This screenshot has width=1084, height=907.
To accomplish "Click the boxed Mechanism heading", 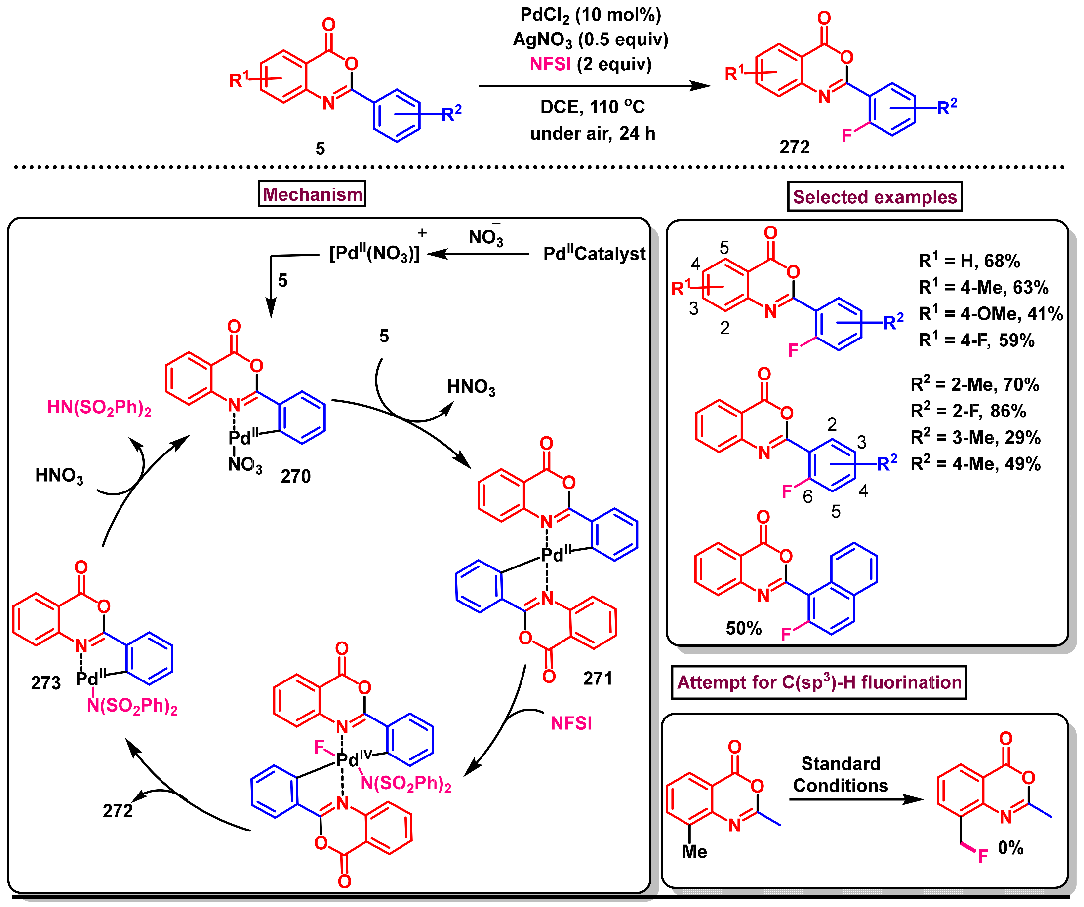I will [x=312, y=194].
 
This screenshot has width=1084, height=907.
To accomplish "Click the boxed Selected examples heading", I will [x=875, y=197].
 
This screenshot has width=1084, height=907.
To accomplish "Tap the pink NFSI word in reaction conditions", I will [x=550, y=65].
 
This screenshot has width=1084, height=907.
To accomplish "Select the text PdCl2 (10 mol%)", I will [x=591, y=15].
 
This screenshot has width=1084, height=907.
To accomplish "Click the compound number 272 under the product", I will [x=795, y=148].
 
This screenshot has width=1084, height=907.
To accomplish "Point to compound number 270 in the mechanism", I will [x=295, y=476].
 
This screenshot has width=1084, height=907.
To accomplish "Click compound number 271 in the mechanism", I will [x=598, y=679].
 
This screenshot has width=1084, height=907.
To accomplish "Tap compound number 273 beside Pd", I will [x=46, y=683].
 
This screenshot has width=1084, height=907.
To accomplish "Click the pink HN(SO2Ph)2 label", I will [x=99, y=408].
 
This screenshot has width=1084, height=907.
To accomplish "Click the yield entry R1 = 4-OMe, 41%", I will [x=991, y=314].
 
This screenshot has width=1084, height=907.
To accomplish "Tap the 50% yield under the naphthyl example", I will [x=743, y=628].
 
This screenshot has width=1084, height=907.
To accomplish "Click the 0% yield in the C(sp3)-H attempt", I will [x=1010, y=848].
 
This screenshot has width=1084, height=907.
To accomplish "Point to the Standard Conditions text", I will [x=841, y=775].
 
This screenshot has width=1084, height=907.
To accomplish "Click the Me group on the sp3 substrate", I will [x=694, y=852].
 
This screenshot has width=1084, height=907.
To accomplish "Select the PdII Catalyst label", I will [x=594, y=254].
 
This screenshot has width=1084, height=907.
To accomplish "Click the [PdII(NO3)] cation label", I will [x=374, y=253].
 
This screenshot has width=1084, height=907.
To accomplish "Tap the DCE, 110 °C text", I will [x=593, y=107].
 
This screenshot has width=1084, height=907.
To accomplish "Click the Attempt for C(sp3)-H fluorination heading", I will [x=819, y=682].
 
